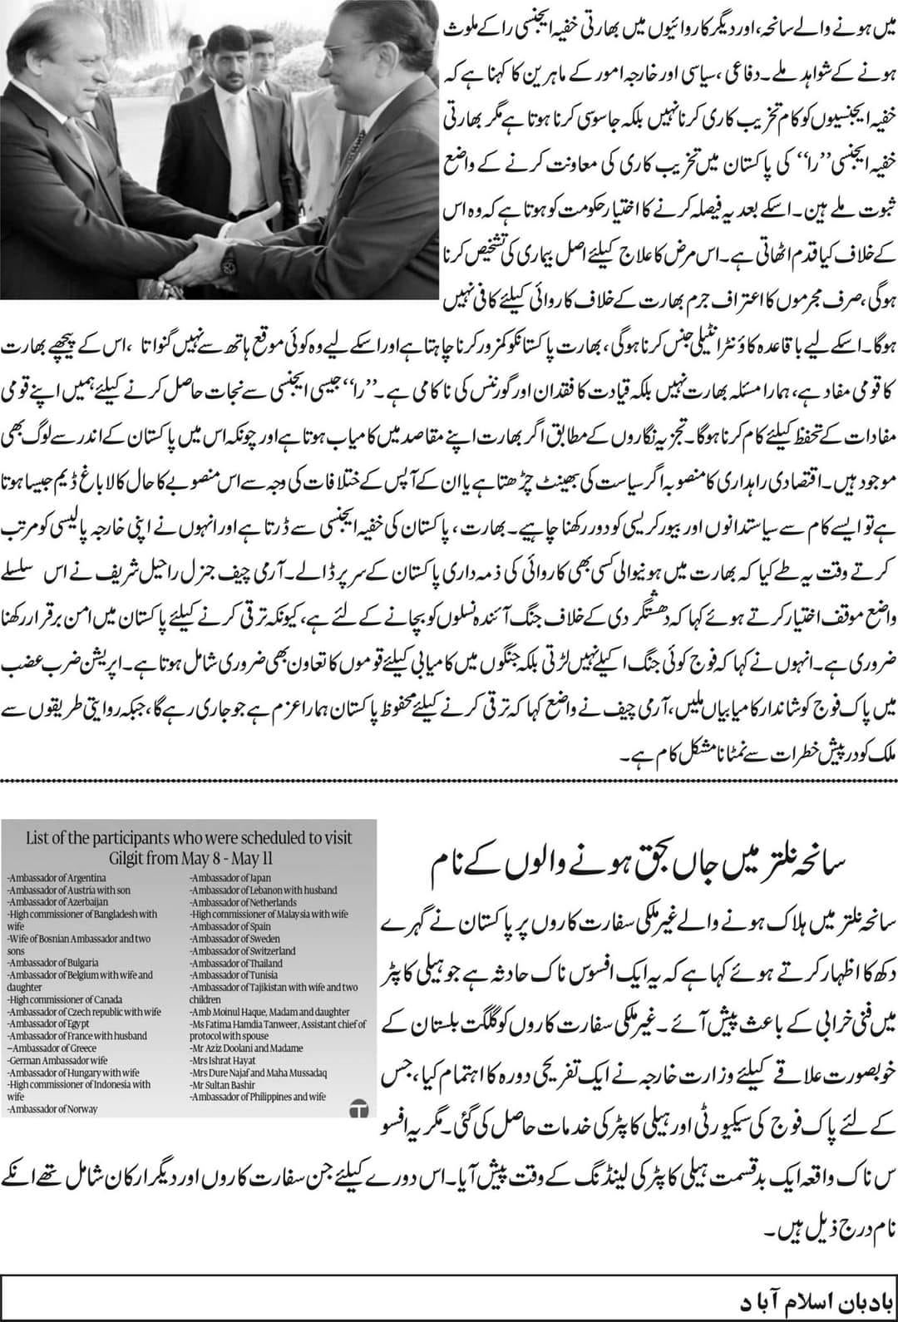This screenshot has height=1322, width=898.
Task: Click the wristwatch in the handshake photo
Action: click(228, 265)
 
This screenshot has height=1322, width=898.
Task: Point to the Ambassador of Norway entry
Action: click(51, 1108)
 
